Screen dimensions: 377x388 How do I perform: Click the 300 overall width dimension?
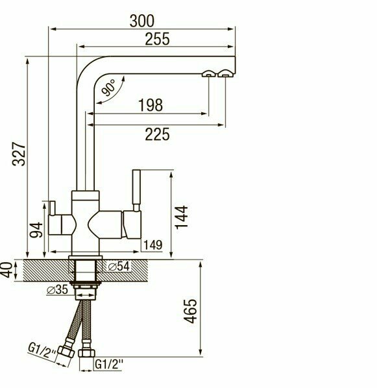point(142,21)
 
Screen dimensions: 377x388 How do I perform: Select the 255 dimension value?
point(157,39)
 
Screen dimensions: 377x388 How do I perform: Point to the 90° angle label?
point(108,88)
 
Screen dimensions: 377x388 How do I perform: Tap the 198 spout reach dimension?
point(151,105)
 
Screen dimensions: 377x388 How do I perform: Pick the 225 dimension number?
point(157,134)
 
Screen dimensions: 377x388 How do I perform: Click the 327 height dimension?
point(19,154)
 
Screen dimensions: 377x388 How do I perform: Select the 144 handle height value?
point(182,217)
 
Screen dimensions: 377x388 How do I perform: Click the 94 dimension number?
point(36,230)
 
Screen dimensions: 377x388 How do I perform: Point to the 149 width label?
point(153,245)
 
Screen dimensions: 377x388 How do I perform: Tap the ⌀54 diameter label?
point(119,266)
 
